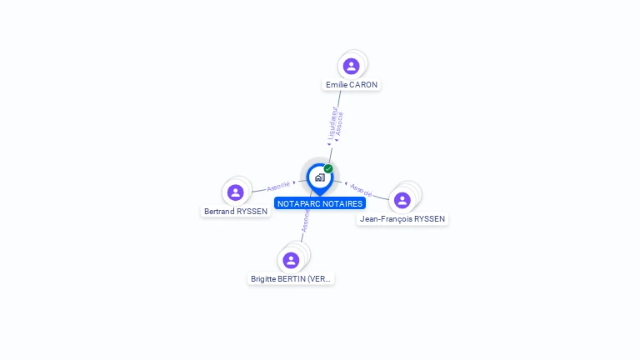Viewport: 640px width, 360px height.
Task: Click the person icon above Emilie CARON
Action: coord(352,66)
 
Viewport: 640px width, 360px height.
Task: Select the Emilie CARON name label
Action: coord(352,85)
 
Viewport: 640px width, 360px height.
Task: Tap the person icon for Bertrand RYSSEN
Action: coord(236,192)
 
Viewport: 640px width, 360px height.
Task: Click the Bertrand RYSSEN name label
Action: coord(236,212)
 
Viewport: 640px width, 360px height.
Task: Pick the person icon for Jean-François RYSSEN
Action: coord(402,200)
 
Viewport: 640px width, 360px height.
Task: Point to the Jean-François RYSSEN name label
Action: coord(402,219)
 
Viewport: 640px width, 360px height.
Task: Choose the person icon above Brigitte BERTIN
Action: coord(291,260)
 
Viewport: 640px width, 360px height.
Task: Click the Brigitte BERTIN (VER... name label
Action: coord(292,279)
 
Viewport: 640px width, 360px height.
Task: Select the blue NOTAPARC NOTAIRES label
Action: coord(320,203)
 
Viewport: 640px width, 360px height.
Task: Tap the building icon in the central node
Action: coord(319,177)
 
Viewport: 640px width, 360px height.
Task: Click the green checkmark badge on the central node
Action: coord(328,168)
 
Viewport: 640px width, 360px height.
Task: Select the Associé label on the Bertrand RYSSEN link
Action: coord(279,186)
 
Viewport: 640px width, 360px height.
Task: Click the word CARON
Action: coord(363,85)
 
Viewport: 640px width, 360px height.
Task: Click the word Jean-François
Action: coord(386,219)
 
